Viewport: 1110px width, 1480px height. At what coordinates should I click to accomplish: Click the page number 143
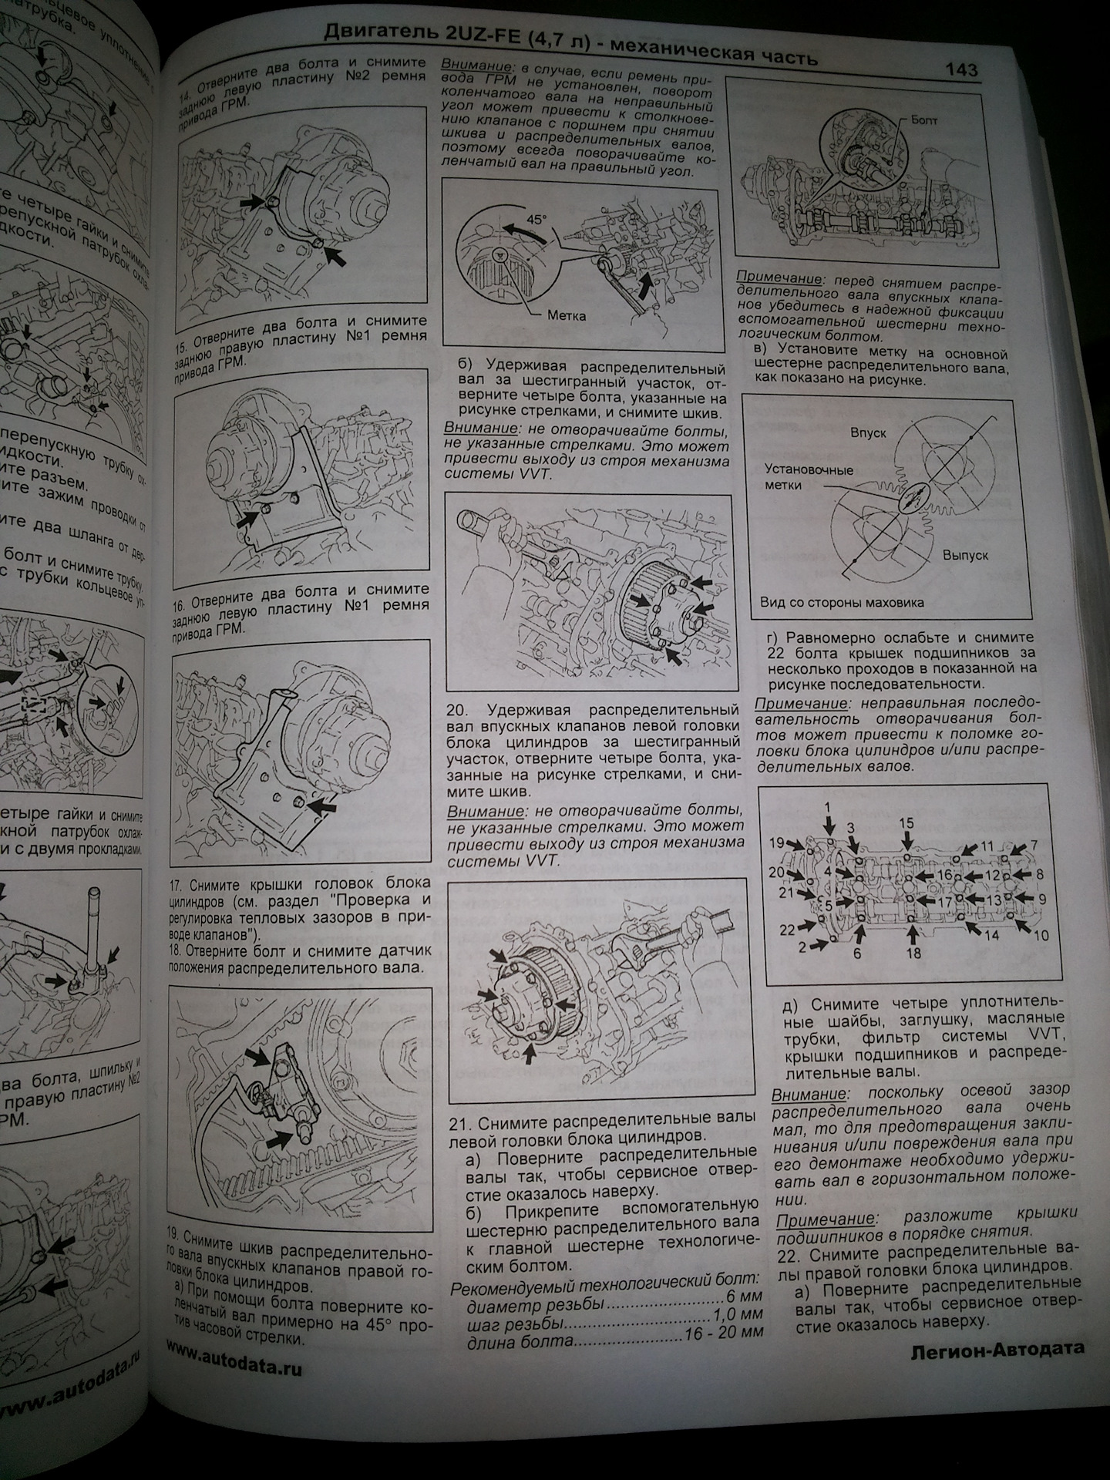point(961,69)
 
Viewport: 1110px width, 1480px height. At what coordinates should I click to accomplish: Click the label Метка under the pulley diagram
point(567,315)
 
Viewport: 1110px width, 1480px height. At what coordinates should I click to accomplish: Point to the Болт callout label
point(924,120)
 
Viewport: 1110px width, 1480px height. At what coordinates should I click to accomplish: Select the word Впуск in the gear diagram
point(868,433)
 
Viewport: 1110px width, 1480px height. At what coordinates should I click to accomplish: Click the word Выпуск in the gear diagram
point(964,555)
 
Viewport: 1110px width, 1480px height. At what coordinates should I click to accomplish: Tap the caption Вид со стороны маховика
point(842,603)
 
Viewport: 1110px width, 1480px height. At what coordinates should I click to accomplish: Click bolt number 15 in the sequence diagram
point(906,823)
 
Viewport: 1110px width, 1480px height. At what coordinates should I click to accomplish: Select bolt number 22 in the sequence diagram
point(785,930)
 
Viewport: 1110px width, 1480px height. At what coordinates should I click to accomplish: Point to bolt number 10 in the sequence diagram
point(1041,936)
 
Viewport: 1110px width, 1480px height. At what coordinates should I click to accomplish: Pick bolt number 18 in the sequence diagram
point(913,954)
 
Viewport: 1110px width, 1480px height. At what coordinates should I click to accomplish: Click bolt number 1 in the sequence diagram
point(827,807)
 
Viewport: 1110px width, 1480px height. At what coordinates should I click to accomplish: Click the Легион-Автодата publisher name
point(997,1349)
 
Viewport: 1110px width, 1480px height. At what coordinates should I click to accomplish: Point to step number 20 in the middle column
point(459,709)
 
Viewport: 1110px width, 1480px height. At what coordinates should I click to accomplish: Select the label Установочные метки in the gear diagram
point(808,477)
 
